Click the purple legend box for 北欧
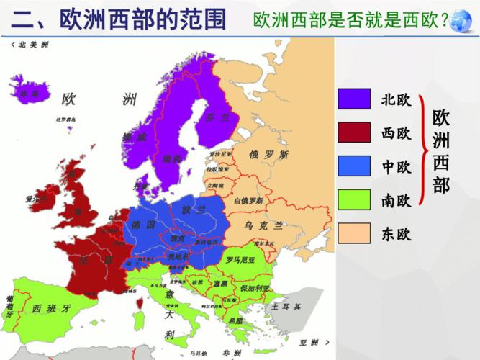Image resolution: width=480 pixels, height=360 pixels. pyautogui.click(x=354, y=99)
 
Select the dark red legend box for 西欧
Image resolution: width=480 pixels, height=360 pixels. pyautogui.click(x=354, y=133)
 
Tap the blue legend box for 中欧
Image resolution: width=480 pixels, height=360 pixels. pyautogui.click(x=354, y=166)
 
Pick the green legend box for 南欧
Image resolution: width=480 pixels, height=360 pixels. pyautogui.click(x=354, y=199)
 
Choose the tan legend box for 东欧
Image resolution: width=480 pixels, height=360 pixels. pyautogui.click(x=354, y=233)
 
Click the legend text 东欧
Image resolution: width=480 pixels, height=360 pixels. pyautogui.click(x=396, y=233)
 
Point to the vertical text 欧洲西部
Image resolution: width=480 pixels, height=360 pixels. pyautogui.click(x=441, y=151)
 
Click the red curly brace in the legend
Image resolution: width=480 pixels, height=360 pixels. pyautogui.click(x=421, y=151)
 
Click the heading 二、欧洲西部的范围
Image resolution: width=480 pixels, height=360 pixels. pyautogui.click(x=119, y=20)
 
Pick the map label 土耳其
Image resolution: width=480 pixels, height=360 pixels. pyautogui.click(x=286, y=307)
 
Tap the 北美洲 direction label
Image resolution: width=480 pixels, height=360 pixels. pyautogui.click(x=32, y=45)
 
